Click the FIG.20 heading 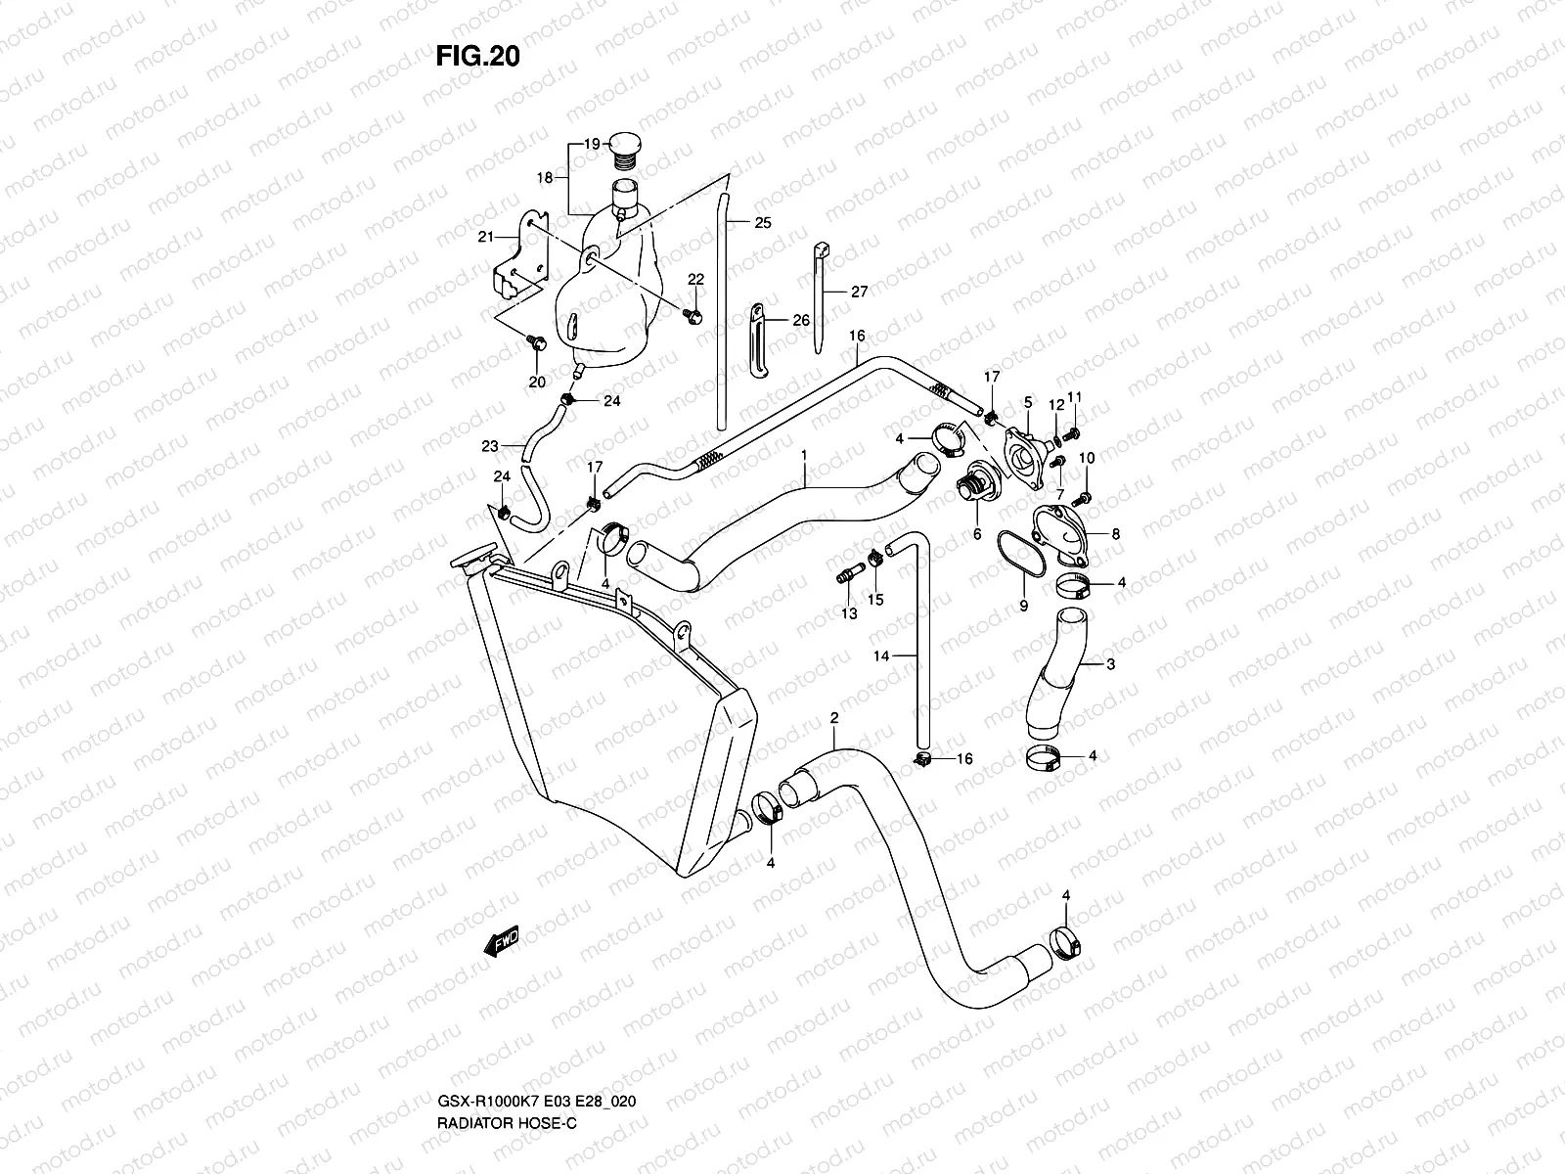click(477, 57)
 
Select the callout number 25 click(763, 222)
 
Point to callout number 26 click(800, 320)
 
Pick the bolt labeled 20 click(536, 342)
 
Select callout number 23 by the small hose click(490, 446)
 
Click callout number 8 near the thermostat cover click(1115, 534)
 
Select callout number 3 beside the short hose click(1110, 664)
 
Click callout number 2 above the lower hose click(833, 718)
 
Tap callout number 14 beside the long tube click(881, 656)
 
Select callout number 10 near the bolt click(1087, 458)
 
